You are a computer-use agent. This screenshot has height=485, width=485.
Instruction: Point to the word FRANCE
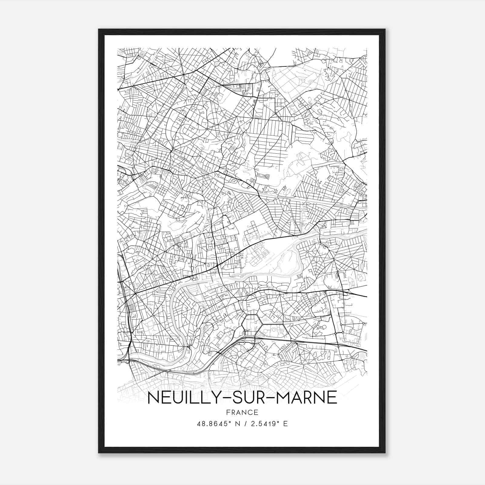click(242, 412)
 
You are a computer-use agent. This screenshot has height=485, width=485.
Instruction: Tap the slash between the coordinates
click(245, 424)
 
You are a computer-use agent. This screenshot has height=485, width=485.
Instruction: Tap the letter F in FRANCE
click(228, 412)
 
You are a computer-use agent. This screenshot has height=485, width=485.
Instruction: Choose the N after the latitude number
click(237, 424)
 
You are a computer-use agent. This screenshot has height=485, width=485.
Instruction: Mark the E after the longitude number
click(285, 424)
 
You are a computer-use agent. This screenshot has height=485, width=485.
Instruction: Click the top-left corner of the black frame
click(99, 30)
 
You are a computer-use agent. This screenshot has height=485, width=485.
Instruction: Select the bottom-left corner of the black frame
click(99, 452)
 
